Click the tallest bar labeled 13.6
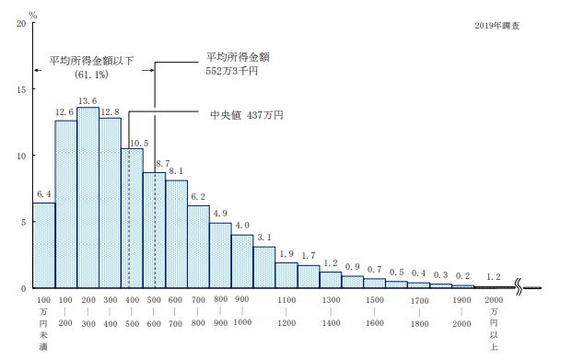pos(88,198)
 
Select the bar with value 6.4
pos(44,245)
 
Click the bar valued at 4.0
pos(242,261)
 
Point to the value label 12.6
pos(65,113)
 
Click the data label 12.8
pos(110,111)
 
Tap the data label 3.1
pos(264,238)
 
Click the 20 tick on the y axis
pos(20,23)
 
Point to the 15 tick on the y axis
pos(20,89)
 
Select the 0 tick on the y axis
pos(23,288)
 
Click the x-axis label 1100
pos(286,300)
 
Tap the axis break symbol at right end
pos(526,288)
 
